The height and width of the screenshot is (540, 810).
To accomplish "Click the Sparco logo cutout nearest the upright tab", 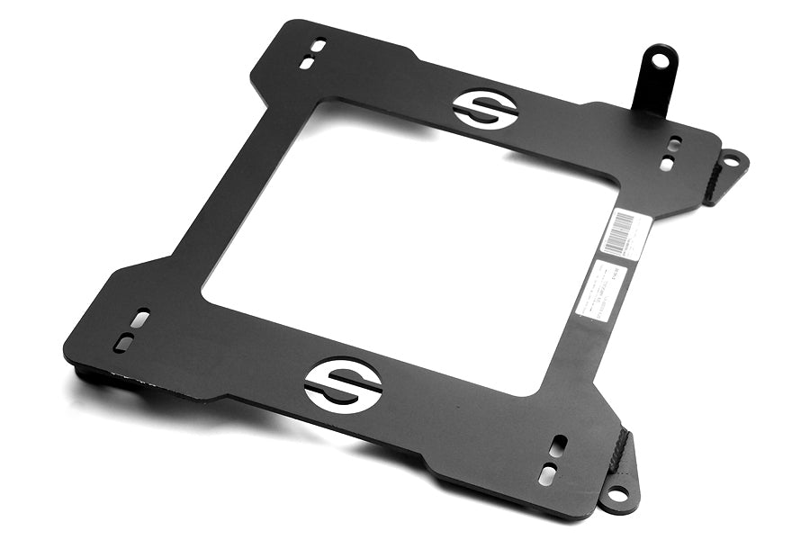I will (x=484, y=109).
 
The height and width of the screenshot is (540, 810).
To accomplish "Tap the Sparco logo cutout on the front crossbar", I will (x=343, y=385).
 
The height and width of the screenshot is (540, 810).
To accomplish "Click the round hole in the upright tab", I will (x=661, y=61).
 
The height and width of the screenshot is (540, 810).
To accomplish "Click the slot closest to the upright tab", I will (x=674, y=143).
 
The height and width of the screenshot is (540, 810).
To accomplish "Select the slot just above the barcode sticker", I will (x=666, y=165).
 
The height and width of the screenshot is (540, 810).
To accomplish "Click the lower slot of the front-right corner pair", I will (x=546, y=474).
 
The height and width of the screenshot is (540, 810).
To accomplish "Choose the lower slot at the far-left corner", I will (x=123, y=343).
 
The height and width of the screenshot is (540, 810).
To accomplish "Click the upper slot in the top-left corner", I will (x=319, y=45).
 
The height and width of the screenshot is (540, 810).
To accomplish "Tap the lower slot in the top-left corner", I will (x=307, y=63).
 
